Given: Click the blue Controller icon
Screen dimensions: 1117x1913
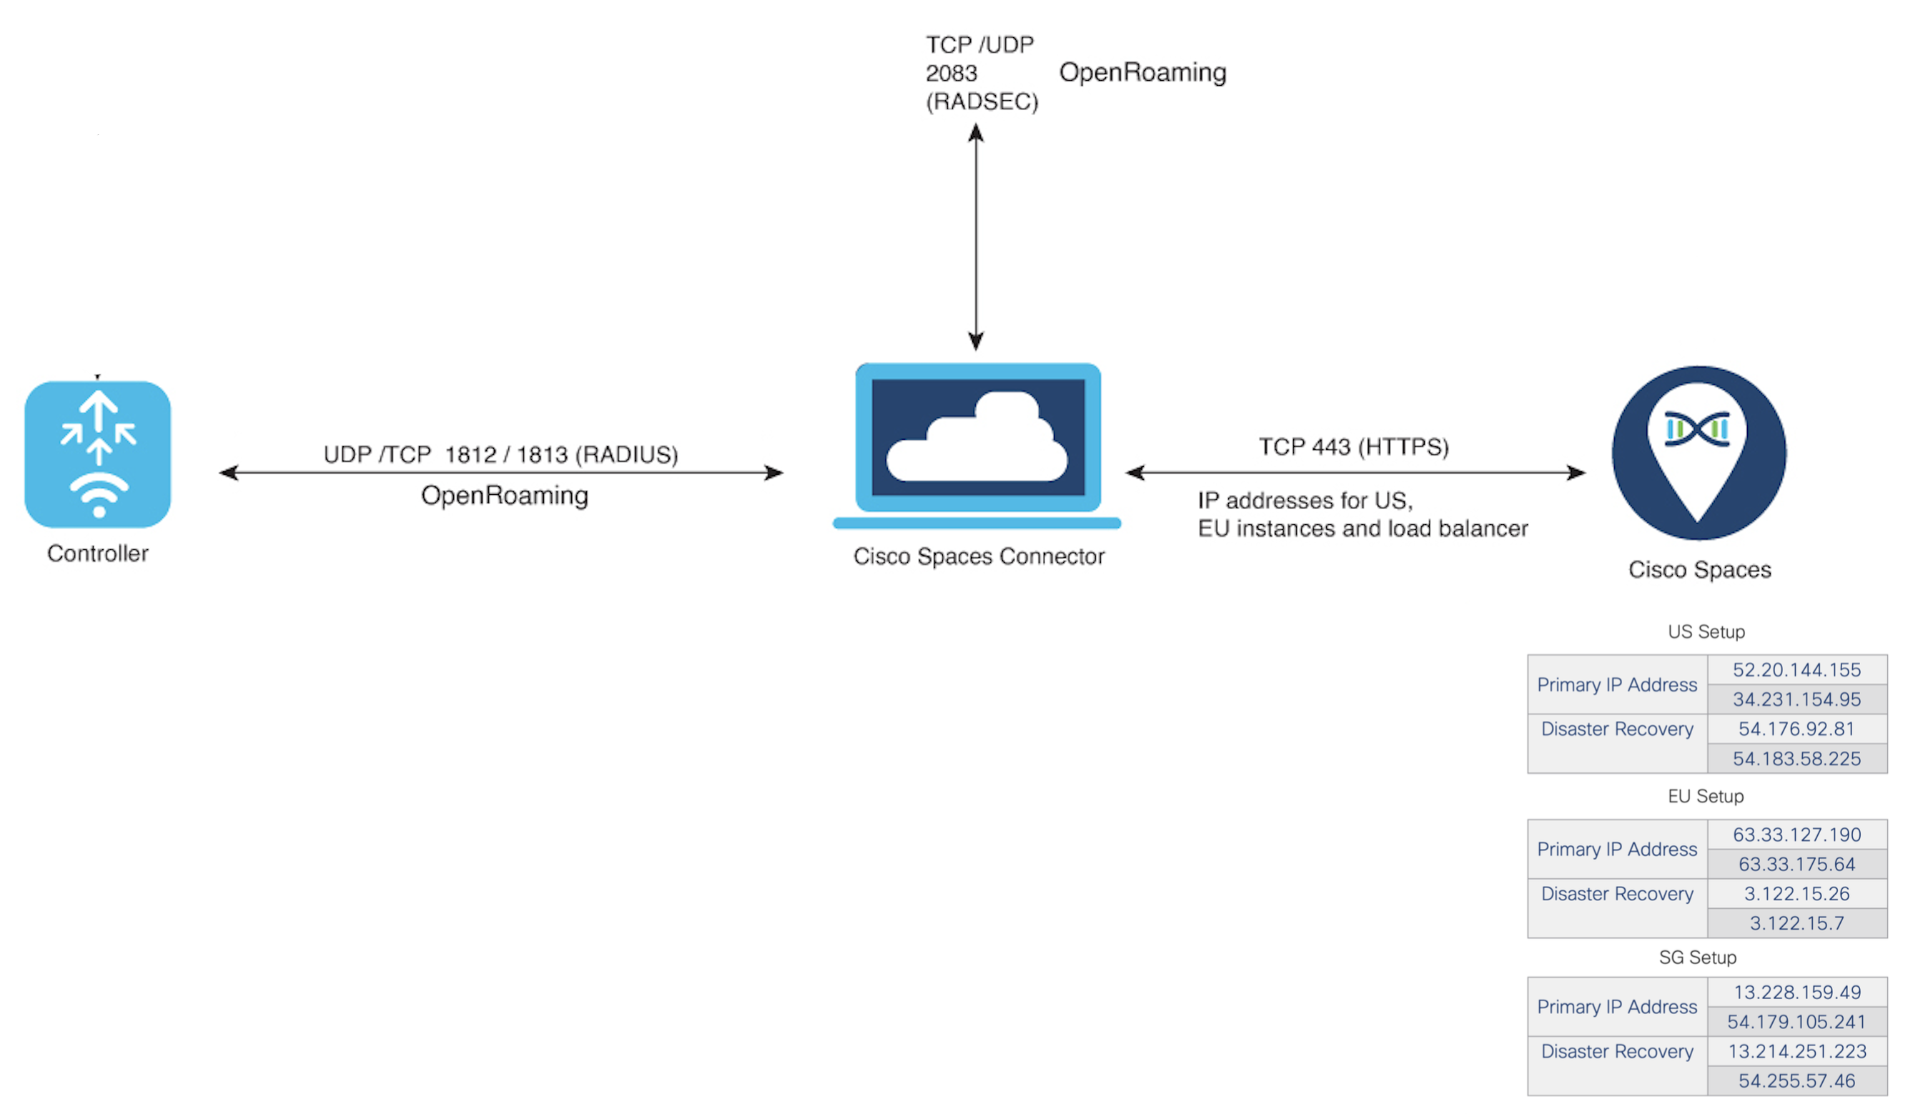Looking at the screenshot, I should coord(97,454).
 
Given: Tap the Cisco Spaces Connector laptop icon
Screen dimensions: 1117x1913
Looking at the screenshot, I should coord(977,445).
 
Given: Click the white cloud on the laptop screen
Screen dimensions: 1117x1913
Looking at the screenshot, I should coord(977,441).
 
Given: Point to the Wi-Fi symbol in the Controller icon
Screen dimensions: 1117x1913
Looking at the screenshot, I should coord(99,493).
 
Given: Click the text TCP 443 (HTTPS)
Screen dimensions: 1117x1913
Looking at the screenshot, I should coord(1353,446).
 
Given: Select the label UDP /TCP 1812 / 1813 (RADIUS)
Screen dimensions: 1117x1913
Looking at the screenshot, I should coord(500,454).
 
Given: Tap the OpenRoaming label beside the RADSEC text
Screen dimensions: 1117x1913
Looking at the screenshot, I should coord(1142,72).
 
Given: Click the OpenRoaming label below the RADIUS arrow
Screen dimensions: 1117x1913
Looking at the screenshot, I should coord(504,495).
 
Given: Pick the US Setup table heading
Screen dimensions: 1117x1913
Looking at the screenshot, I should coord(1706,631).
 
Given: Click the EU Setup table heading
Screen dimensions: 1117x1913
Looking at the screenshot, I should coord(1705,796).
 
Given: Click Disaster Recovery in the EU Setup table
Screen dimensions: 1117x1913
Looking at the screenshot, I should coord(1616,894).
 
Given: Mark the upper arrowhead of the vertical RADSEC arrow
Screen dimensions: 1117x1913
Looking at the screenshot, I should coord(977,133).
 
